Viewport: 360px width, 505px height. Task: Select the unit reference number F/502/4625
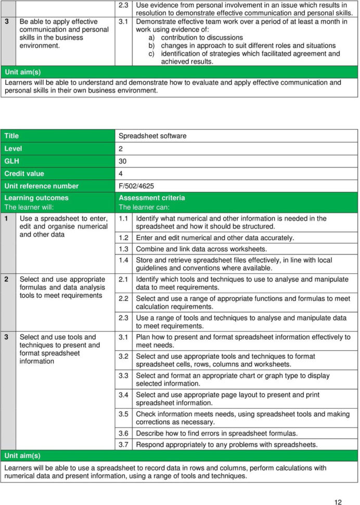click(136, 186)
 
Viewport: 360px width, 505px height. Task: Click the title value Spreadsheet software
click(152, 136)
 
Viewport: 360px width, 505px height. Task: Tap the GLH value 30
click(123, 161)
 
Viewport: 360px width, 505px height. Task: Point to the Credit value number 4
click(121, 173)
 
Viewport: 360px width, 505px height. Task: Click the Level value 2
click(121, 148)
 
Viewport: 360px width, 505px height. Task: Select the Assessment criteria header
click(152, 198)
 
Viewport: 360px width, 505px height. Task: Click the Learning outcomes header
click(36, 198)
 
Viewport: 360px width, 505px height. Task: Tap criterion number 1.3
click(124, 249)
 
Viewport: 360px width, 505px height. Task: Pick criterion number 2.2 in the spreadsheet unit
click(124, 298)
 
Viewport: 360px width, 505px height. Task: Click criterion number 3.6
click(124, 433)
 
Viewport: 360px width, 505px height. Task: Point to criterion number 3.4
click(124, 395)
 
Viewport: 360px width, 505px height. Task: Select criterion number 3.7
click(124, 445)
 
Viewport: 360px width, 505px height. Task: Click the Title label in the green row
click(11, 136)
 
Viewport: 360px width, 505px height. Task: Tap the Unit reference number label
click(42, 186)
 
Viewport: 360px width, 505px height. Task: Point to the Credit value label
click(24, 173)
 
